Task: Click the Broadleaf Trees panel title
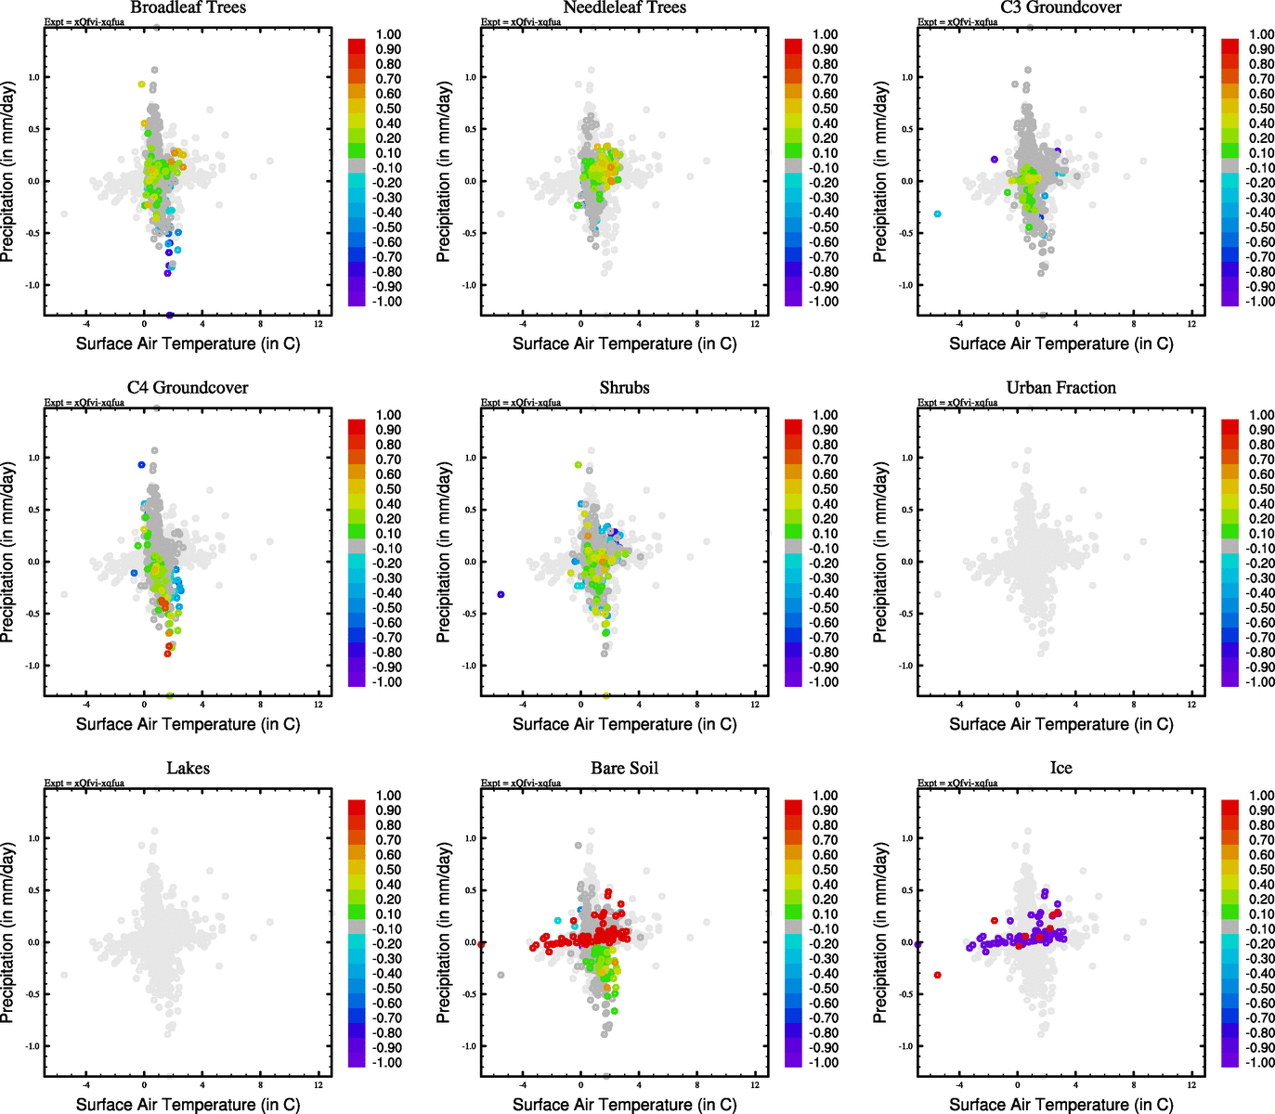click(x=188, y=7)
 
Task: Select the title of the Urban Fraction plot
click(x=1060, y=388)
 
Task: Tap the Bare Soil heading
click(x=624, y=769)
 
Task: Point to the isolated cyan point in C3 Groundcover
click(x=937, y=214)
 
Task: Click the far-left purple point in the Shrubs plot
click(x=501, y=594)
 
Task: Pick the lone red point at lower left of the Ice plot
click(x=937, y=975)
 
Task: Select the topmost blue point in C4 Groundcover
click(x=141, y=465)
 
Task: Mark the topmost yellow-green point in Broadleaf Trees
click(x=141, y=84)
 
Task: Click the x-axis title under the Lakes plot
click(x=188, y=1105)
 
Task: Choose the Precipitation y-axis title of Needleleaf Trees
click(x=444, y=172)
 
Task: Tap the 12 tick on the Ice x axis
click(x=1191, y=1084)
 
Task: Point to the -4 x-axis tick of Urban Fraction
click(x=959, y=705)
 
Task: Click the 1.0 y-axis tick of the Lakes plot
click(x=33, y=838)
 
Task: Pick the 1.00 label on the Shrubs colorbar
click(x=825, y=415)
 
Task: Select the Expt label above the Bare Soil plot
click(x=520, y=784)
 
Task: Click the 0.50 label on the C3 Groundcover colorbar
click(x=1261, y=109)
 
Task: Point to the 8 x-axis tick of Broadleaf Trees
click(x=260, y=324)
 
